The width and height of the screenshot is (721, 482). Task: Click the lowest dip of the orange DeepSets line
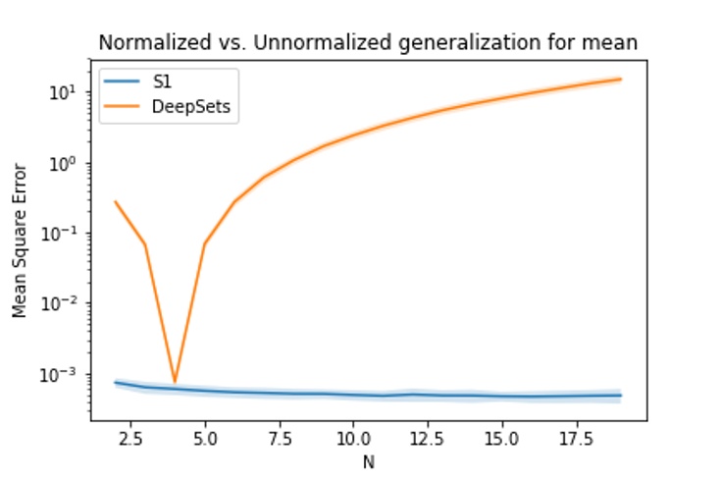click(175, 381)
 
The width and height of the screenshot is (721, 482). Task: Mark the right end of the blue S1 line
click(621, 396)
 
